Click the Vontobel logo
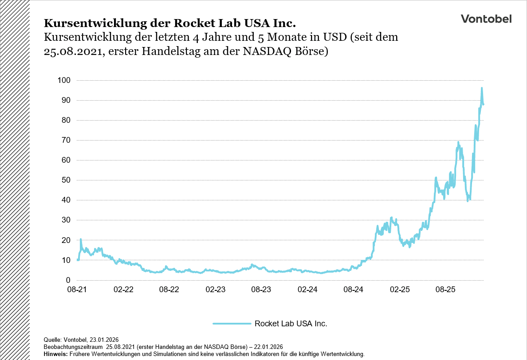point(486,19)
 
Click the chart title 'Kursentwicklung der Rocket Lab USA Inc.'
point(169,23)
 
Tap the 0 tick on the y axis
point(68,280)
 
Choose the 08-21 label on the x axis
point(77,290)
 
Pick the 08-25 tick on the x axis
point(446,290)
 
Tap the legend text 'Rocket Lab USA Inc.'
point(291,324)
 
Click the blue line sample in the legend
point(232,324)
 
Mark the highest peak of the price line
point(482,88)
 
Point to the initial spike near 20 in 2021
point(80,239)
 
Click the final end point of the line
point(483,104)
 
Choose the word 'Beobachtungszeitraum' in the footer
point(73,346)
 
